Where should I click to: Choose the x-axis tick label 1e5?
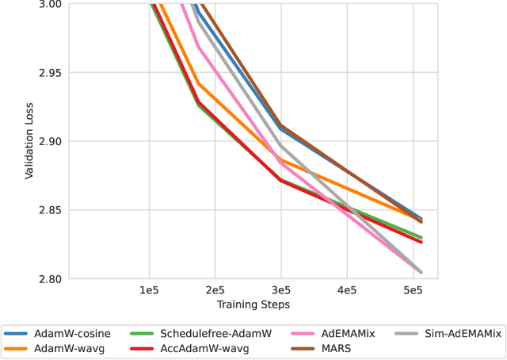pos(149,291)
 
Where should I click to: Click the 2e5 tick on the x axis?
pos(215,291)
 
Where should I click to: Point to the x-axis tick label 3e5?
pos(280,291)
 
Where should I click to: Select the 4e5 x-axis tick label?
pos(346,291)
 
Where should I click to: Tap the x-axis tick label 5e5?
pos(412,291)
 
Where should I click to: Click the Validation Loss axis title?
pos(29,141)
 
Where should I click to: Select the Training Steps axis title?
pos(253,304)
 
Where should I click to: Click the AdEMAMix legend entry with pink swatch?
pos(345,334)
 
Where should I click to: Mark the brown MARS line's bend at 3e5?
pos(280,124)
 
